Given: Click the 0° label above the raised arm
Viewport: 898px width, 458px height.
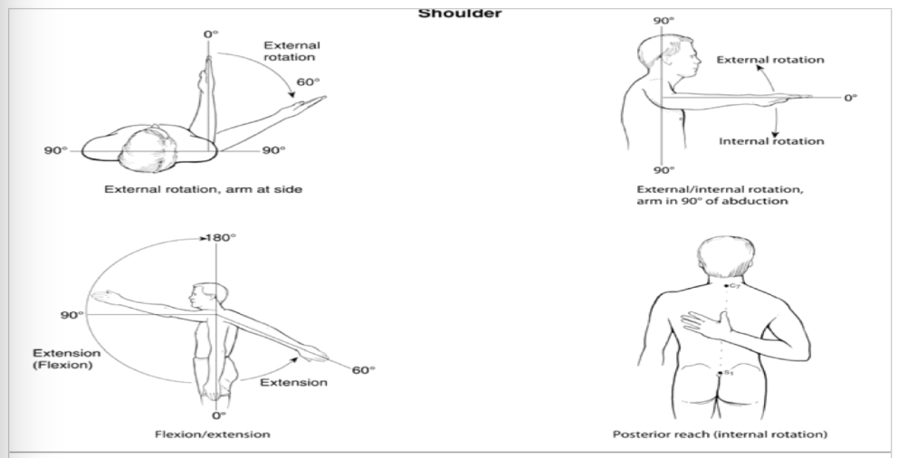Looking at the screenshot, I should [211, 34].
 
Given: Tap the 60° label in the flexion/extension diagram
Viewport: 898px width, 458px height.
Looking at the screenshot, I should [364, 369].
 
